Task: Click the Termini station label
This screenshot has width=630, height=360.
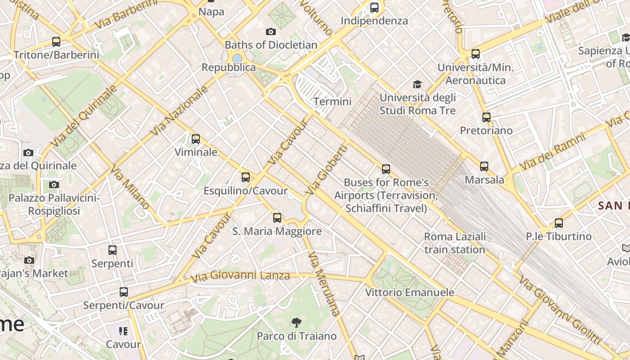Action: tap(332, 102)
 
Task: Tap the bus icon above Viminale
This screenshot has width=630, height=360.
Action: tap(196, 139)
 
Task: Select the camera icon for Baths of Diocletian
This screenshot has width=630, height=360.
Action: tap(270, 31)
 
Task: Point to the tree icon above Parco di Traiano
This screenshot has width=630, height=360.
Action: tap(296, 322)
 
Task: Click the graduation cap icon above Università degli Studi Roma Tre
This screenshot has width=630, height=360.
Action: tap(418, 85)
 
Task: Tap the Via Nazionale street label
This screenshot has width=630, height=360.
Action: tap(180, 111)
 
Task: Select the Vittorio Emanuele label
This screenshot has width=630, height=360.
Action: tap(409, 292)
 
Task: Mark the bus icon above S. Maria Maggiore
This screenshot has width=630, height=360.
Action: tap(277, 218)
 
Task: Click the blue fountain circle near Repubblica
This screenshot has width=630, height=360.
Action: tap(237, 58)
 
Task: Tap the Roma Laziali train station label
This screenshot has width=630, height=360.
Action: tap(454, 243)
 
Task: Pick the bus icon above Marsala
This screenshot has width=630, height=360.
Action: tap(484, 166)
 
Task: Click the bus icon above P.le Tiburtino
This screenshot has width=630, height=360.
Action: tap(559, 223)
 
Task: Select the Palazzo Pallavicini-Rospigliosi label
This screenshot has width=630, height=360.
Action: tap(54, 204)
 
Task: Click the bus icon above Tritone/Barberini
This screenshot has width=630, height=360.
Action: tap(56, 42)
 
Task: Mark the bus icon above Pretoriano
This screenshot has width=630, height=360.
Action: tap(486, 117)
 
